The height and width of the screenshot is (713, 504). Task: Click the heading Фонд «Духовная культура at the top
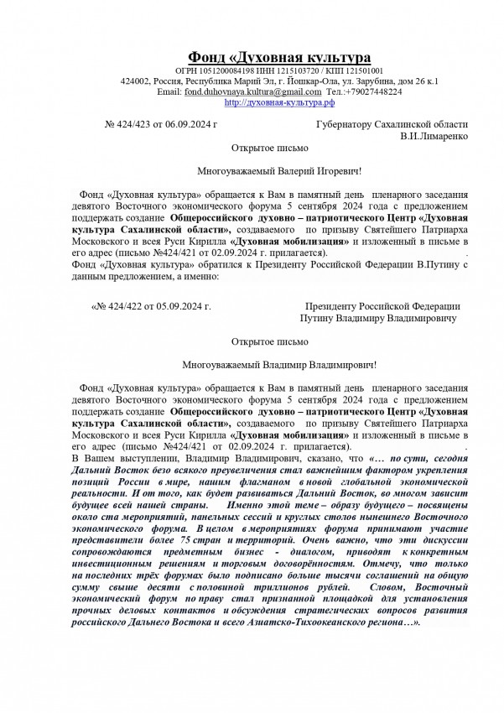[x=278, y=57]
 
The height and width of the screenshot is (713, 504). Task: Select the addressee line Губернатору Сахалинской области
[x=392, y=124]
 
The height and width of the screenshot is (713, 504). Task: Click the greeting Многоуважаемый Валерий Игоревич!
[x=278, y=170]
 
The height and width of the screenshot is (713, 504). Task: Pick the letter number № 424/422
[x=122, y=308]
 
